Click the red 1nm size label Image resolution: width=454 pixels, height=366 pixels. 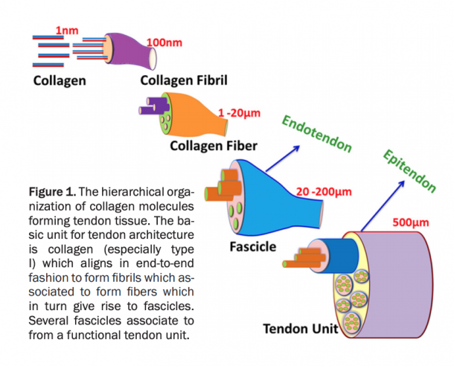66,31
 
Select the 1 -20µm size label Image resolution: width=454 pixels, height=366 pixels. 237,112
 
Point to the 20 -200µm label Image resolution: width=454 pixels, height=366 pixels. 322,191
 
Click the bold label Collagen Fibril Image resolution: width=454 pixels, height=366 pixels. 184,80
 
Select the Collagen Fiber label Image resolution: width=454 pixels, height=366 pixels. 214,145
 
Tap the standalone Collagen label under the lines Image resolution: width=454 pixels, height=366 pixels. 59,80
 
